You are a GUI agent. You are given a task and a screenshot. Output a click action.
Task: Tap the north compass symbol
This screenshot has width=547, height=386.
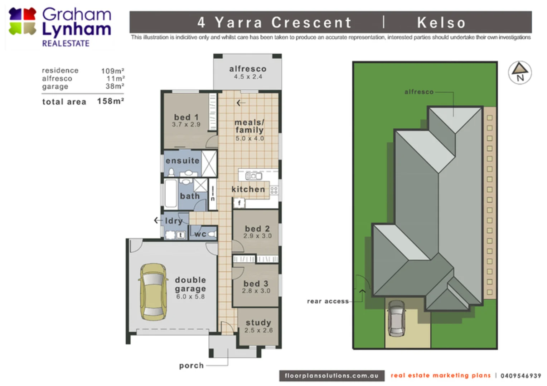click(x=520, y=73)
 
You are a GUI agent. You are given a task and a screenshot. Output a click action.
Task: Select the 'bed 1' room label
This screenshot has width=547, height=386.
click(x=186, y=117)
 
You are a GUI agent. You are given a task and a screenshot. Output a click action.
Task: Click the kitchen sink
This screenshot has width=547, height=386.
click(x=253, y=175)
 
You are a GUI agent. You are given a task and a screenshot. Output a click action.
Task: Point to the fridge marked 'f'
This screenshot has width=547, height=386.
click(x=239, y=203)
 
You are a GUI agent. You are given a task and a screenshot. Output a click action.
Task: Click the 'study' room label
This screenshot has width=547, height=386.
click(x=258, y=322)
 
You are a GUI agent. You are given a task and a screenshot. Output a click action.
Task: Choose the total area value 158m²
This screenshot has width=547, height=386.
click(x=110, y=102)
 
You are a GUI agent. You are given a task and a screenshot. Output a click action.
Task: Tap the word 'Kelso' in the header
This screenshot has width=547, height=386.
click(x=441, y=23)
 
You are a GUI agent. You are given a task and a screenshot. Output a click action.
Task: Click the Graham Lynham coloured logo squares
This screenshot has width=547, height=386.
click(x=22, y=21)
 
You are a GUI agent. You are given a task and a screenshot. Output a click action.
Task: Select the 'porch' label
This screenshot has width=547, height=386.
click(x=191, y=366)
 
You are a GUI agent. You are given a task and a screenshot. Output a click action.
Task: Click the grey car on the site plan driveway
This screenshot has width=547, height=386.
click(x=396, y=318)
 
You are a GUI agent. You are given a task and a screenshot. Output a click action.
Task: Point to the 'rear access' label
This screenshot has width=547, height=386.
click(x=328, y=301)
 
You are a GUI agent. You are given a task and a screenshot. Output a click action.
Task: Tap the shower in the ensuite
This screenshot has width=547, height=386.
click(x=209, y=163)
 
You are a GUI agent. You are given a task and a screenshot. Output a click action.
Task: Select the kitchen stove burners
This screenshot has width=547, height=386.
click(x=274, y=190)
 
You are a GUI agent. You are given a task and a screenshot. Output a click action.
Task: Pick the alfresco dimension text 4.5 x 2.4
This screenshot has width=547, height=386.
click(x=248, y=76)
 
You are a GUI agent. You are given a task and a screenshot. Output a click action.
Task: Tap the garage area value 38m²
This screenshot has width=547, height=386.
click(x=115, y=86)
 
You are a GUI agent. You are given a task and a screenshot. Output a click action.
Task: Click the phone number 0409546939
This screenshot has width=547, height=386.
click(x=521, y=376)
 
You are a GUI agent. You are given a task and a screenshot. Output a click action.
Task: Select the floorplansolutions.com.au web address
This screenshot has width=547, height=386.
click(x=331, y=376)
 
